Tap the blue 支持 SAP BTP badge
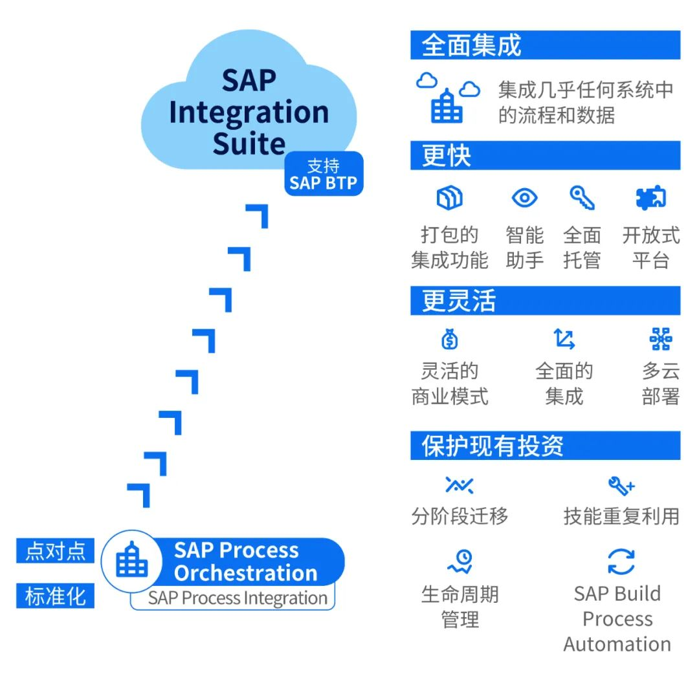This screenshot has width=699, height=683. (324, 174)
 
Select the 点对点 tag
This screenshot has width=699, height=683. (55, 550)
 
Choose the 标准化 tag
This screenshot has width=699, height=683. (55, 596)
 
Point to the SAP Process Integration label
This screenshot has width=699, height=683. (238, 598)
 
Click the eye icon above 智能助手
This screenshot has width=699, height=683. (524, 198)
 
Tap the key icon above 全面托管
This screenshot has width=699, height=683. (582, 198)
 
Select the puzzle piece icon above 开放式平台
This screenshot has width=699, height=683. (651, 198)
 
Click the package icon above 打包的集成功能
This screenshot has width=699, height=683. (449, 198)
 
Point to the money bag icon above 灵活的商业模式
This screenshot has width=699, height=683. (449, 340)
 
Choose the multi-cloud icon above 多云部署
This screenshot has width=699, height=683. (661, 339)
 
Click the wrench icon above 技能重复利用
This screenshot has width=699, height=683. (621, 486)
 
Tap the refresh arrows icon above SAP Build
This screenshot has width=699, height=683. (621, 561)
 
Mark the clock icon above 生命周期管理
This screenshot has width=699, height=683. (460, 561)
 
